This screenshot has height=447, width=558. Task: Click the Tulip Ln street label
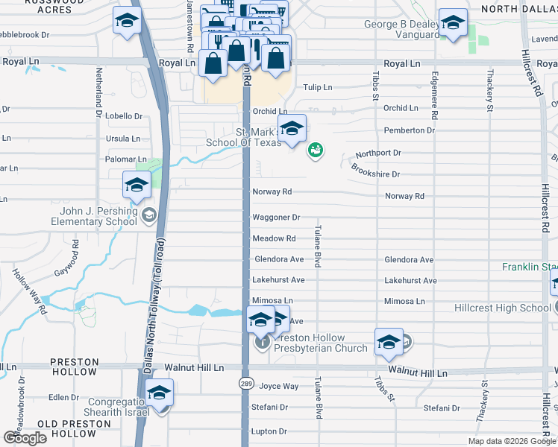318,87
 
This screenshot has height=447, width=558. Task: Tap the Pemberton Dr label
409,130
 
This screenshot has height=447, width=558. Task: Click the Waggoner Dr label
276,218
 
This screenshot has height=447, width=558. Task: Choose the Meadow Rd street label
274,238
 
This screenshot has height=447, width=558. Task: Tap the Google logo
25,438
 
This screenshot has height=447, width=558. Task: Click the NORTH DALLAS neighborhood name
518,9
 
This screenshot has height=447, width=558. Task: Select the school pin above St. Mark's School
292,128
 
